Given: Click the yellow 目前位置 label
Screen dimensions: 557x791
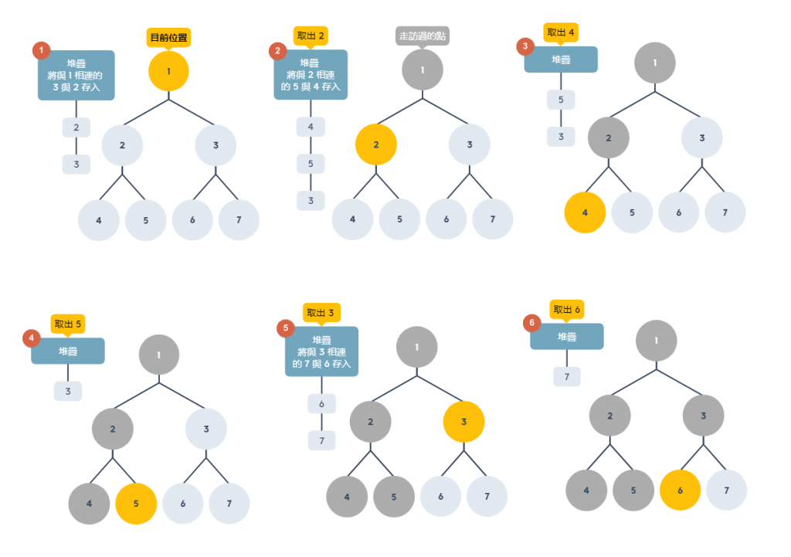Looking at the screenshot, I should (x=168, y=37).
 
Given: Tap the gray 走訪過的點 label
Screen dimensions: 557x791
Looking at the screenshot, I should (x=423, y=36).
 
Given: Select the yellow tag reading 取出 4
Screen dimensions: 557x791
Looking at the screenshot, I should (x=562, y=32).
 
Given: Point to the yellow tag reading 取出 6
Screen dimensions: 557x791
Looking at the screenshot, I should (x=567, y=310).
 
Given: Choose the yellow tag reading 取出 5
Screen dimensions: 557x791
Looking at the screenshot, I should (x=68, y=323).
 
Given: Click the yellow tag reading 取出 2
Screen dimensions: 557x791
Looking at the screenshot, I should (x=311, y=36).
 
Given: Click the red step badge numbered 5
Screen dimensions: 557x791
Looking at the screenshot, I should (x=286, y=328).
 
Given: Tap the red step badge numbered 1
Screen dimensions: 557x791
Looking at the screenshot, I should (x=41, y=51).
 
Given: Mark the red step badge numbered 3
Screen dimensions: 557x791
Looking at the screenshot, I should (x=526, y=47).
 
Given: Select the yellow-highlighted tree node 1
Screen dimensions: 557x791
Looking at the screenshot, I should (x=168, y=71).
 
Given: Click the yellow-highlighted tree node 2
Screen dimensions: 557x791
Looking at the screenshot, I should (x=376, y=145).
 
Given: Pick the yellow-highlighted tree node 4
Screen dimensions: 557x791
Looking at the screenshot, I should (x=585, y=212).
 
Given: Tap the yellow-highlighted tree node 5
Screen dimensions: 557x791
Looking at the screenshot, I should (x=136, y=504).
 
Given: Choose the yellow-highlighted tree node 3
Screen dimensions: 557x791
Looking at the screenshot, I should (x=463, y=422).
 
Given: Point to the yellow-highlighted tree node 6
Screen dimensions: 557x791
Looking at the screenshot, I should (x=680, y=491).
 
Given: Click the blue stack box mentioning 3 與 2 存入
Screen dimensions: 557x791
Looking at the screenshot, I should (x=76, y=75).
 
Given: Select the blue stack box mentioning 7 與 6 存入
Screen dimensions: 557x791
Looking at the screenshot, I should (x=321, y=352).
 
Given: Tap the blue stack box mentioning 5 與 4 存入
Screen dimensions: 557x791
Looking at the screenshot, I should (x=311, y=75).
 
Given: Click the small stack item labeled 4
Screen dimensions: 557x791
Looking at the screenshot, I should (x=311, y=127).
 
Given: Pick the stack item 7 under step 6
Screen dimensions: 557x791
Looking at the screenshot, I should (x=567, y=377).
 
